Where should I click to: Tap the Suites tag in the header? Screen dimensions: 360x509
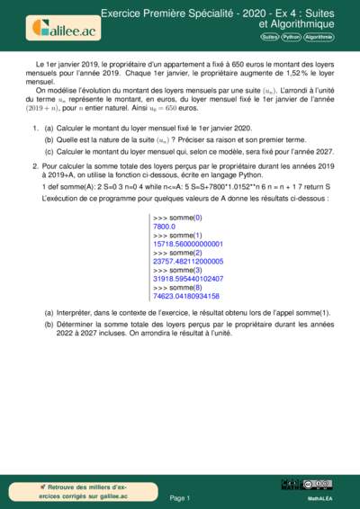pos(269,38)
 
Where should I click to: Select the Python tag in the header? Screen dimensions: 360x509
pos(291,38)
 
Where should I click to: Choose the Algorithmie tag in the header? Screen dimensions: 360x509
pos(319,38)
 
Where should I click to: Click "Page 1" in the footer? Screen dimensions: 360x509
pos(179,497)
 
